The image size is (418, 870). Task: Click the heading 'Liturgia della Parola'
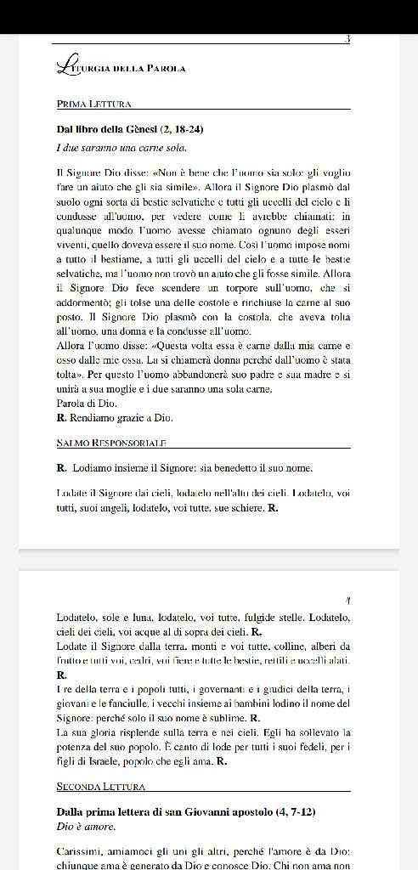121,67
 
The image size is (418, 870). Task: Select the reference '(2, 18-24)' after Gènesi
176,130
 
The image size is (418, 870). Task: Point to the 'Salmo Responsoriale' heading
110,443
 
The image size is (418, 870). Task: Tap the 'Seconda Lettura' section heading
100,787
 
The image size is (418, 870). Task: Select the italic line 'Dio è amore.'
86,826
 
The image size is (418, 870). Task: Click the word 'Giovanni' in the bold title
211,811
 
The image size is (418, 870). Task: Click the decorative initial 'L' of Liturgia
62,65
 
